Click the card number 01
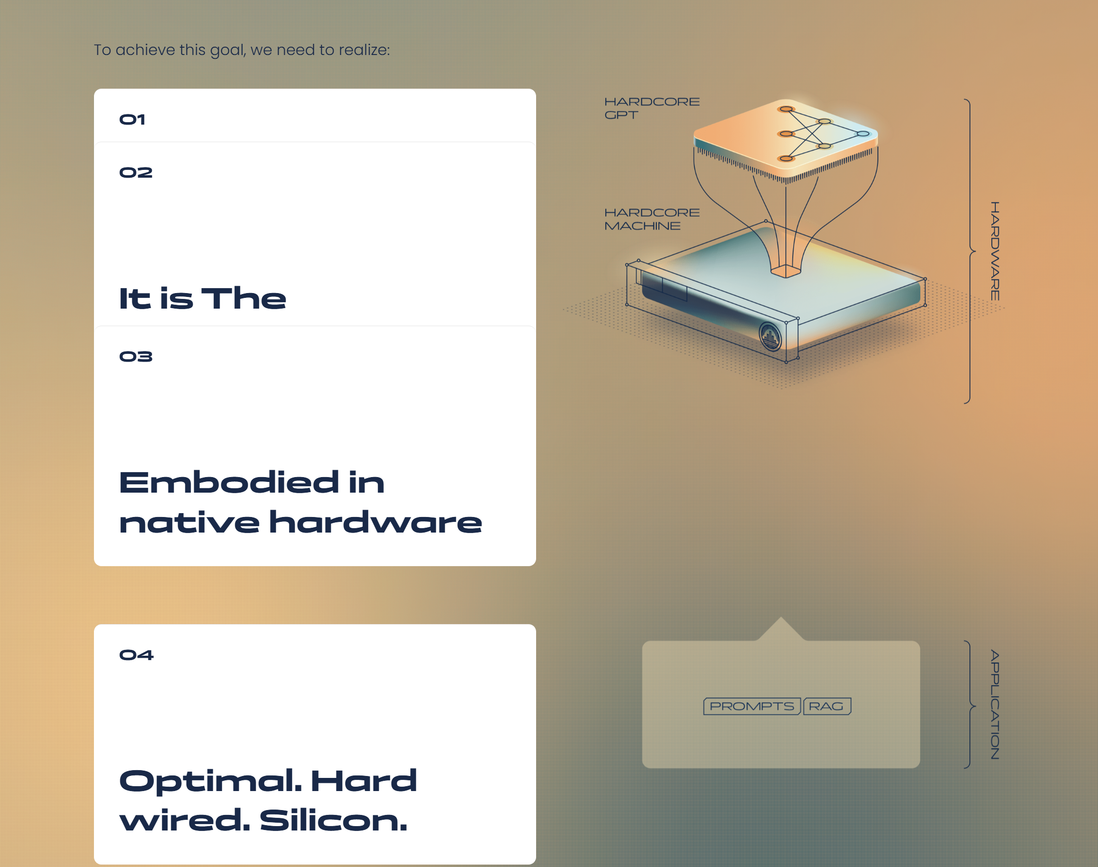132,120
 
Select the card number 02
135,173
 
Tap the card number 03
135,356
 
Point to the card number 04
136,655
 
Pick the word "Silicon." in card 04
334,820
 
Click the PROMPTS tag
752,706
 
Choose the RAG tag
827,706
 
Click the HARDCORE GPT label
652,108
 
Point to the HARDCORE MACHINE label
652,219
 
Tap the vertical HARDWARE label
995,251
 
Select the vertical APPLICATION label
995,704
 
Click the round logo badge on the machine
770,336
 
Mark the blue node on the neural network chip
863,134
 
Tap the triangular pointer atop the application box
781,629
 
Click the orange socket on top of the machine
786,271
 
